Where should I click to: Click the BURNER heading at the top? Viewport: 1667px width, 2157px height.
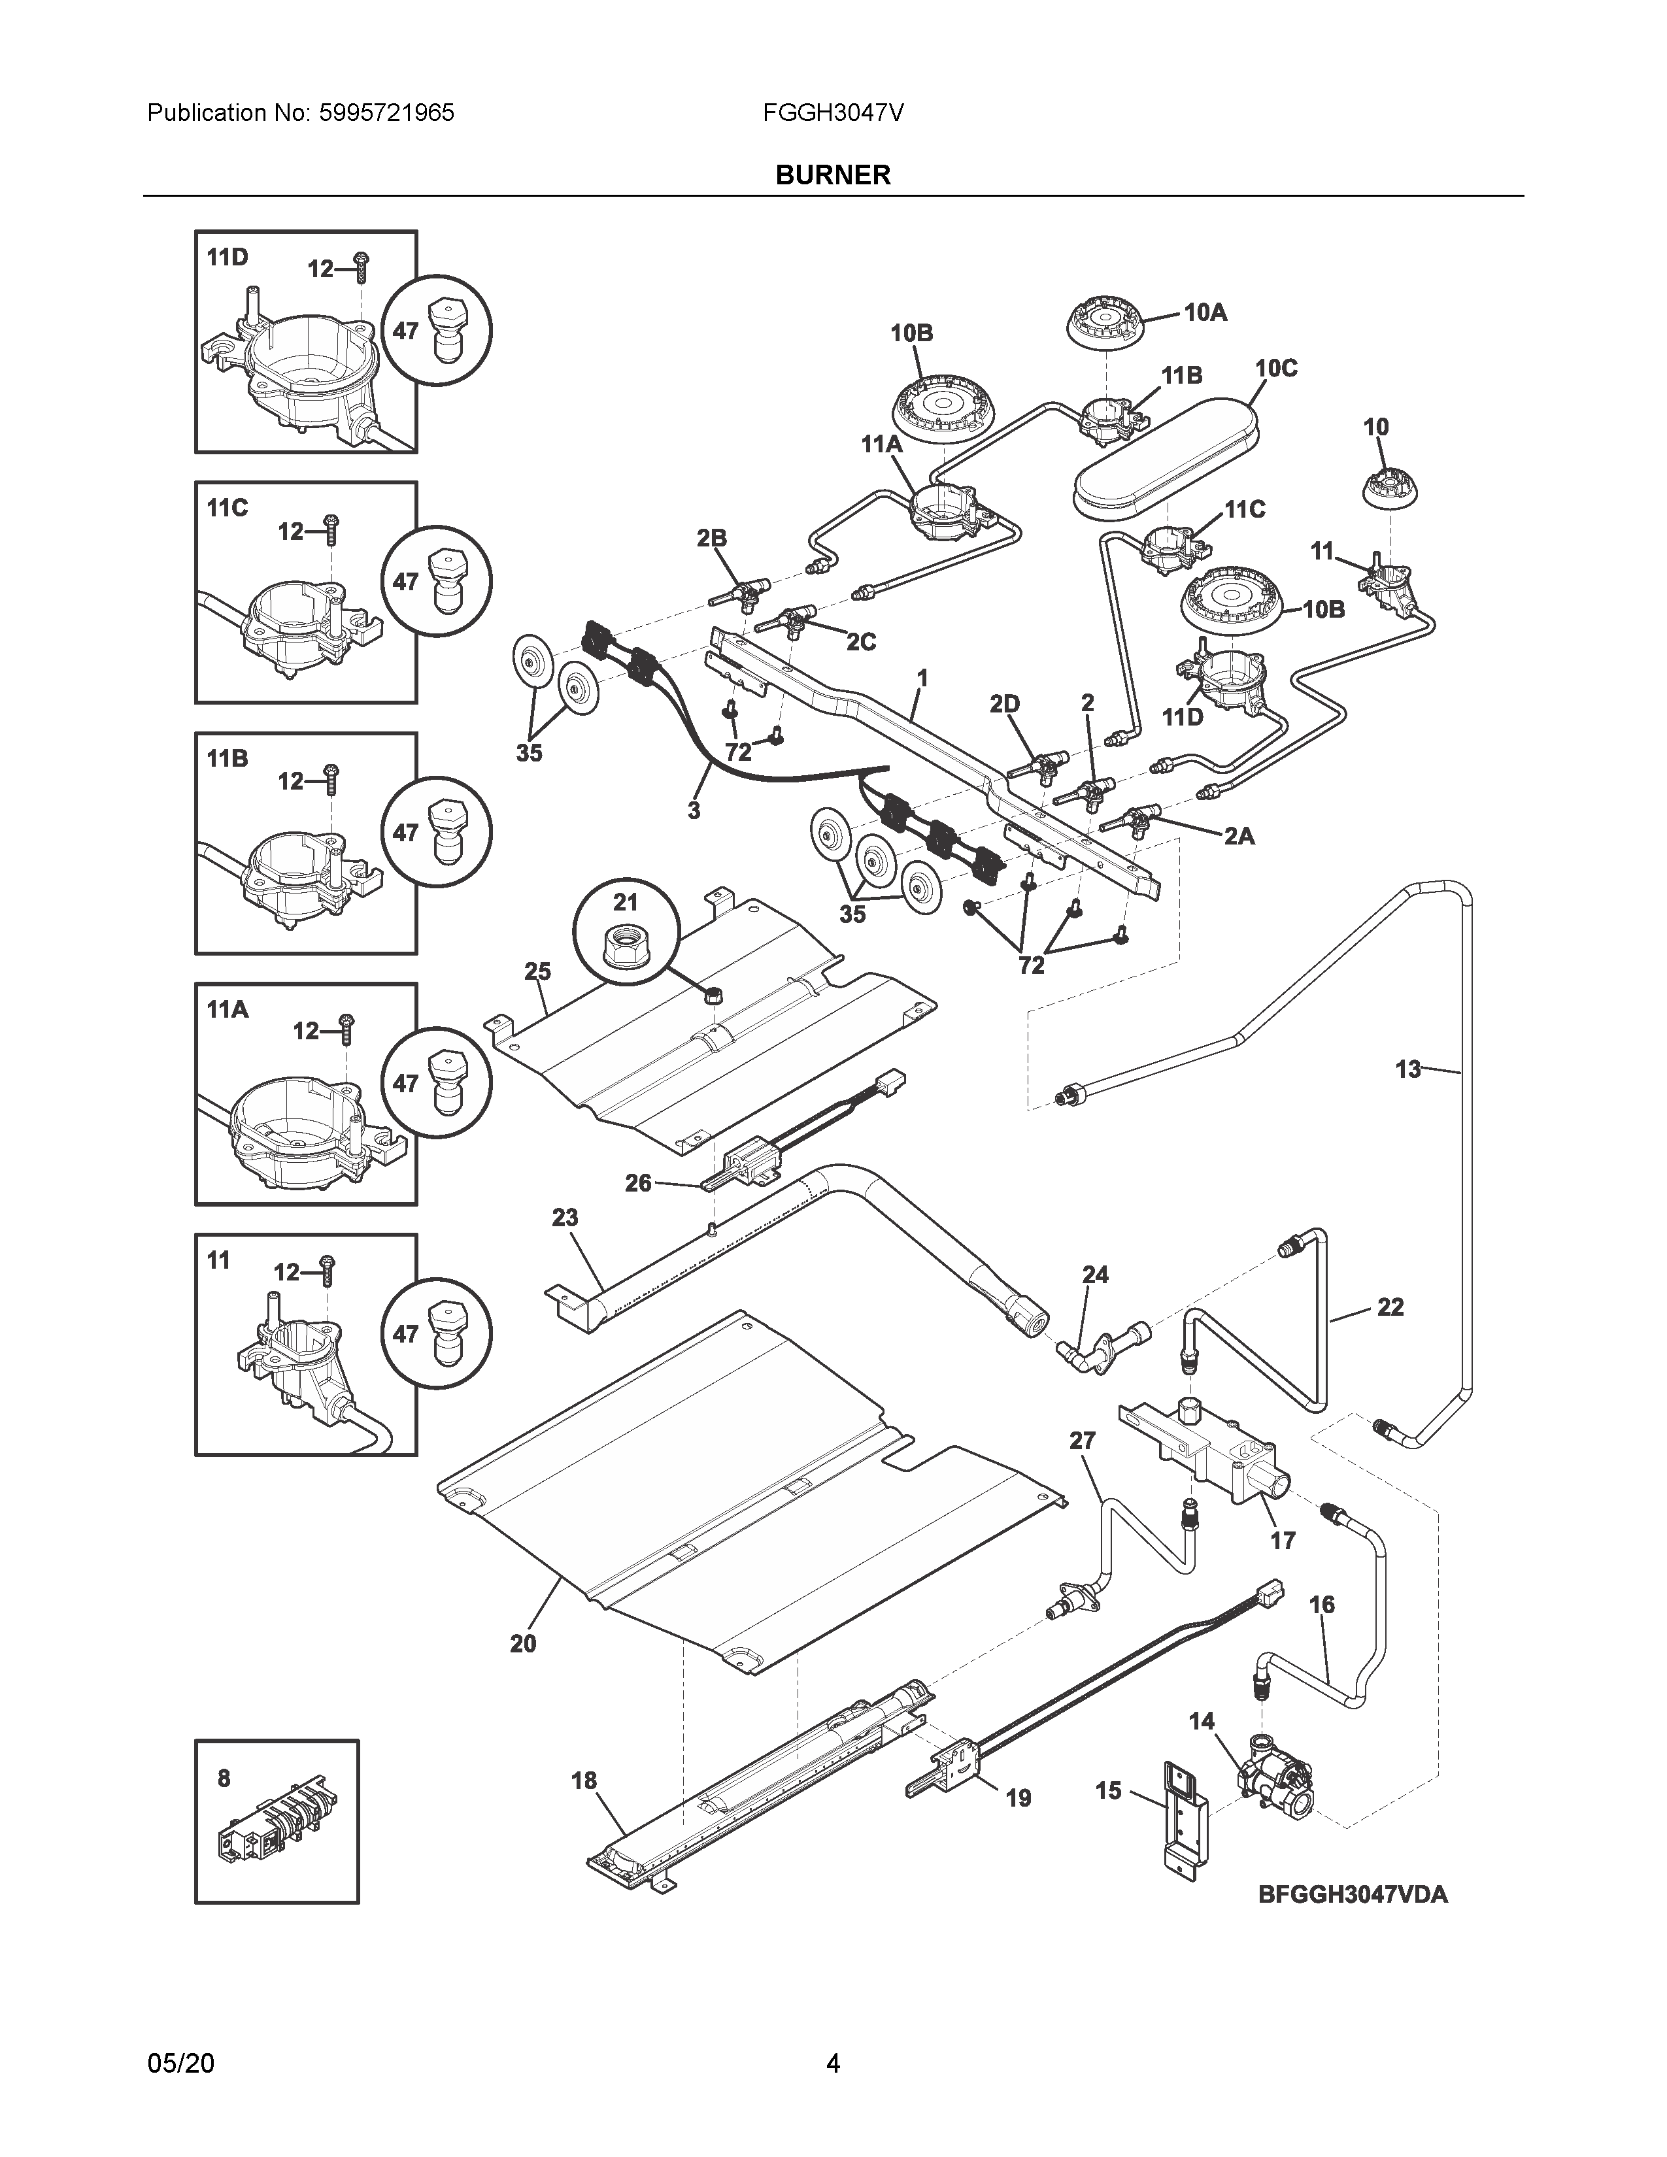[832, 175]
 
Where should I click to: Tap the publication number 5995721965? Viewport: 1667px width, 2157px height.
[387, 112]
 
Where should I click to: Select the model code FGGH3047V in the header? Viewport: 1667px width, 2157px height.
[832, 112]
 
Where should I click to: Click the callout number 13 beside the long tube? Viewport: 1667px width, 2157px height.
[1407, 1069]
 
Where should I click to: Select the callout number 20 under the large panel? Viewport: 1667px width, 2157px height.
[524, 1643]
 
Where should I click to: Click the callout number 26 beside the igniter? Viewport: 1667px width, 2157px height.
[638, 1182]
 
